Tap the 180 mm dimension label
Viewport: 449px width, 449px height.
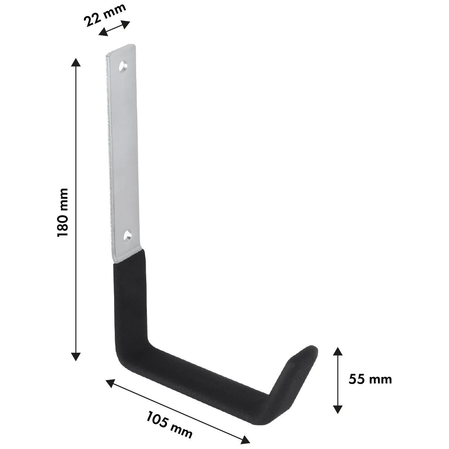(x=63, y=212)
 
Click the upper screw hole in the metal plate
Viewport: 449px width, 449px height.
(x=123, y=66)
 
